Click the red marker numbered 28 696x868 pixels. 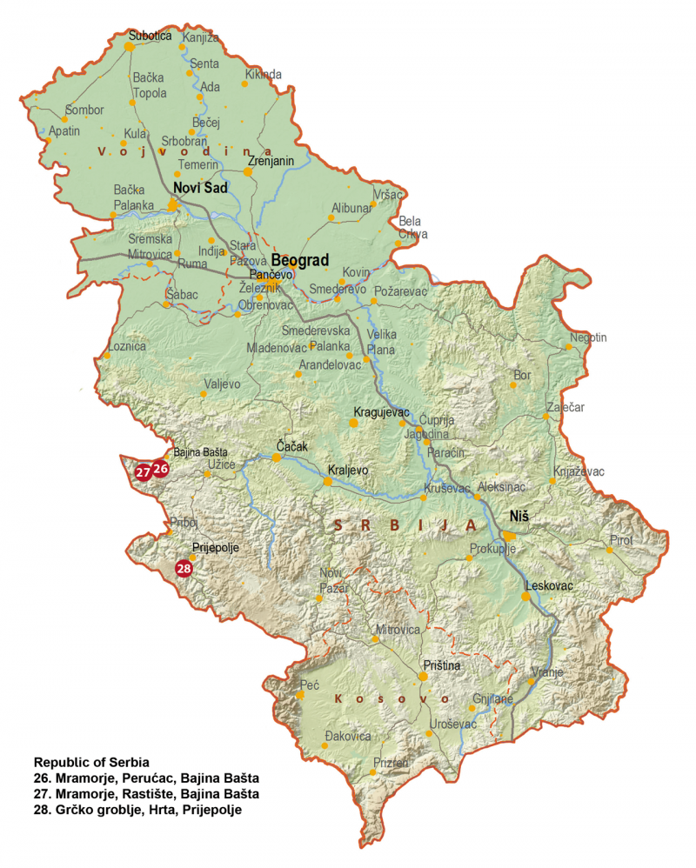click(x=184, y=569)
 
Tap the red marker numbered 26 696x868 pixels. click(x=161, y=469)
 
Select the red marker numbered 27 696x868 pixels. click(x=144, y=472)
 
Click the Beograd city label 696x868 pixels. click(x=299, y=260)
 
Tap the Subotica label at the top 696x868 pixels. click(x=150, y=36)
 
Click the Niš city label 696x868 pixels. click(x=519, y=516)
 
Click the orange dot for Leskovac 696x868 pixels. click(x=526, y=597)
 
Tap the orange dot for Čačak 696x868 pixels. click(x=277, y=457)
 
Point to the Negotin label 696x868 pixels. click(x=588, y=337)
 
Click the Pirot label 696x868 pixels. click(x=621, y=539)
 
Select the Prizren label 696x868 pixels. click(x=391, y=763)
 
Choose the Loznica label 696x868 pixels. click(x=126, y=345)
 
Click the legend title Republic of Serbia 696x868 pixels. click(x=91, y=762)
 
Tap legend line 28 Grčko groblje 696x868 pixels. click(x=137, y=810)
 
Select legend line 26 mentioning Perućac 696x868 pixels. click(x=146, y=778)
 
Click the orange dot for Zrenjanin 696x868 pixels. click(x=248, y=172)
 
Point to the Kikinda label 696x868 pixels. click(x=264, y=75)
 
